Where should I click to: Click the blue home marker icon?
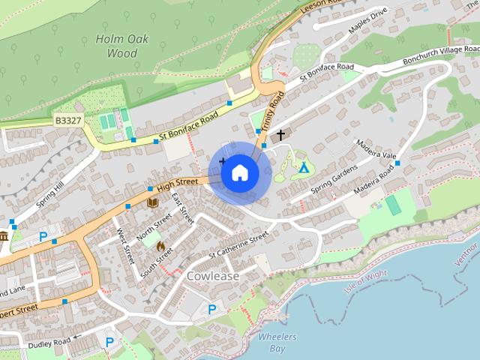coord(239,173)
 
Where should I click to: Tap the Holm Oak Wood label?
coord(116,46)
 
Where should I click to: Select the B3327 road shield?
coord(67,120)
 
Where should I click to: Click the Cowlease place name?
coord(212,276)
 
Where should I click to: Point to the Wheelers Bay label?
coord(277,343)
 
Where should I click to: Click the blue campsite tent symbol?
coord(304,167)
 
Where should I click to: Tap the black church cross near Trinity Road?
coord(281,135)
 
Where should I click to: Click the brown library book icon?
coord(152,202)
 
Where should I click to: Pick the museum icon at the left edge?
coord(4,237)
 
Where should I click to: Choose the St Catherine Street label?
coord(238,246)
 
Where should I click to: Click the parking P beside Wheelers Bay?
coord(212,309)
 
